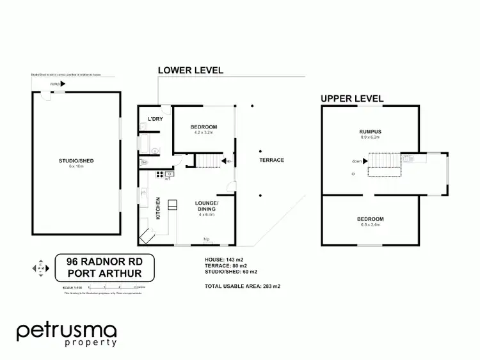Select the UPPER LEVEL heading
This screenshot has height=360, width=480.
coord(352,98)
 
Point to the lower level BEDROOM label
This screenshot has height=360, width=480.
coord(204,127)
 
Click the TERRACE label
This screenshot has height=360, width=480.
coord(272,160)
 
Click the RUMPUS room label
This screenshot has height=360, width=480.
coord(370,132)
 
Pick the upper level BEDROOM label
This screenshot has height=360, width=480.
coord(371,219)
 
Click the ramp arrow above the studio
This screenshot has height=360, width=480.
coord(63,84)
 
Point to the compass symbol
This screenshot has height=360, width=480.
coord(39,269)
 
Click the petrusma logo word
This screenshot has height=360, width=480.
coord(67,331)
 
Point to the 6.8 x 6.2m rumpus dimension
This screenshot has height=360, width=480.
coord(370,137)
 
